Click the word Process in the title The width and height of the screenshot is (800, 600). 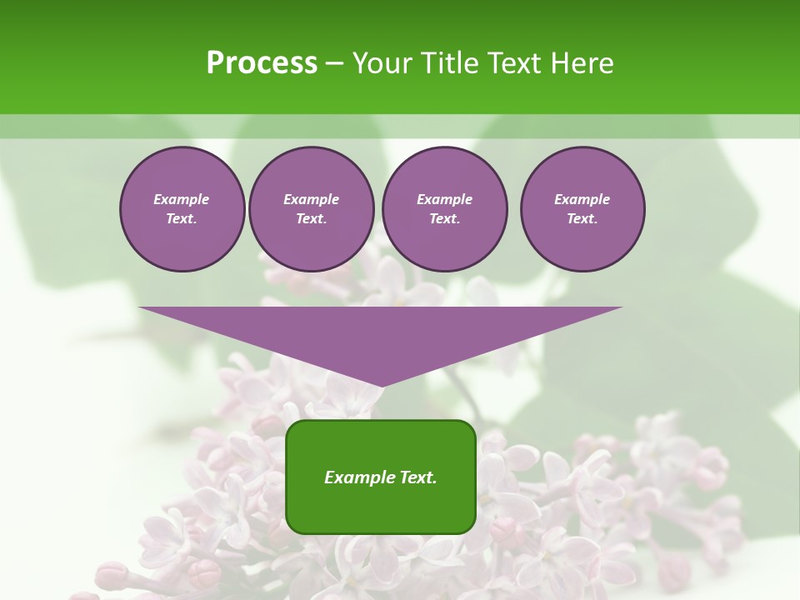click(262, 63)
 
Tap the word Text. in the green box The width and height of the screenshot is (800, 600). click(417, 477)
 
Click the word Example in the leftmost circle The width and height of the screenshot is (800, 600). click(182, 199)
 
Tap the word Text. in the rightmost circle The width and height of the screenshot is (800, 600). click(582, 218)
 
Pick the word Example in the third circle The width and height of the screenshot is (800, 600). click(445, 199)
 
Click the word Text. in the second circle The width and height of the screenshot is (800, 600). click(312, 218)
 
